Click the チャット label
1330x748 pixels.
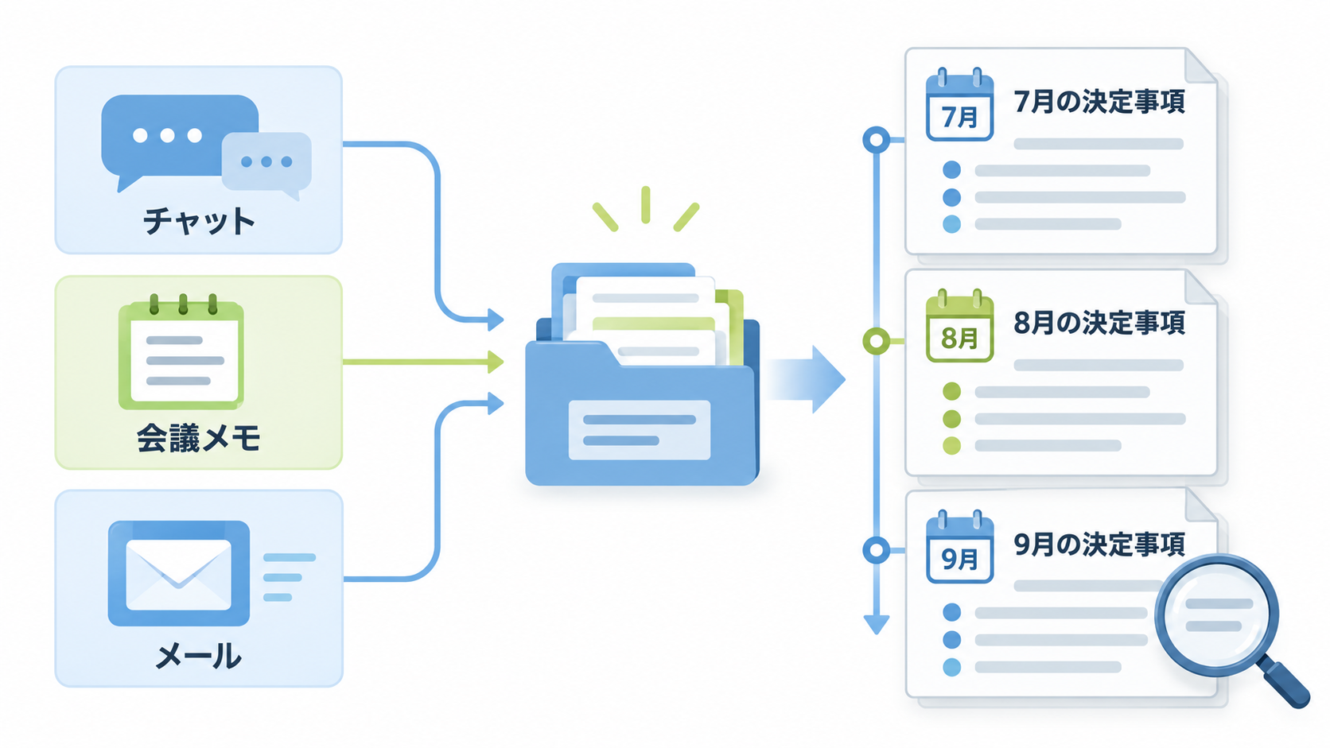click(199, 221)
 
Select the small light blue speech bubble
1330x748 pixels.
click(267, 165)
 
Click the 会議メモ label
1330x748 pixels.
click(198, 438)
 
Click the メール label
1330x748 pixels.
click(198, 656)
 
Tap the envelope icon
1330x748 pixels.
click(179, 574)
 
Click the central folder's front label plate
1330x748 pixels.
click(640, 430)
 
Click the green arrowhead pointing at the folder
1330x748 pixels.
click(496, 361)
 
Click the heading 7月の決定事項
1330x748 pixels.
click(1099, 102)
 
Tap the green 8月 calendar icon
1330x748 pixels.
click(959, 326)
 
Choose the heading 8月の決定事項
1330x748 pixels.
click(1099, 323)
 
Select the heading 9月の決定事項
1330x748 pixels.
click(1099, 544)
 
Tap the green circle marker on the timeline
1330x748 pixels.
click(877, 341)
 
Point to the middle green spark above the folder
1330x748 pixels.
click(645, 204)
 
